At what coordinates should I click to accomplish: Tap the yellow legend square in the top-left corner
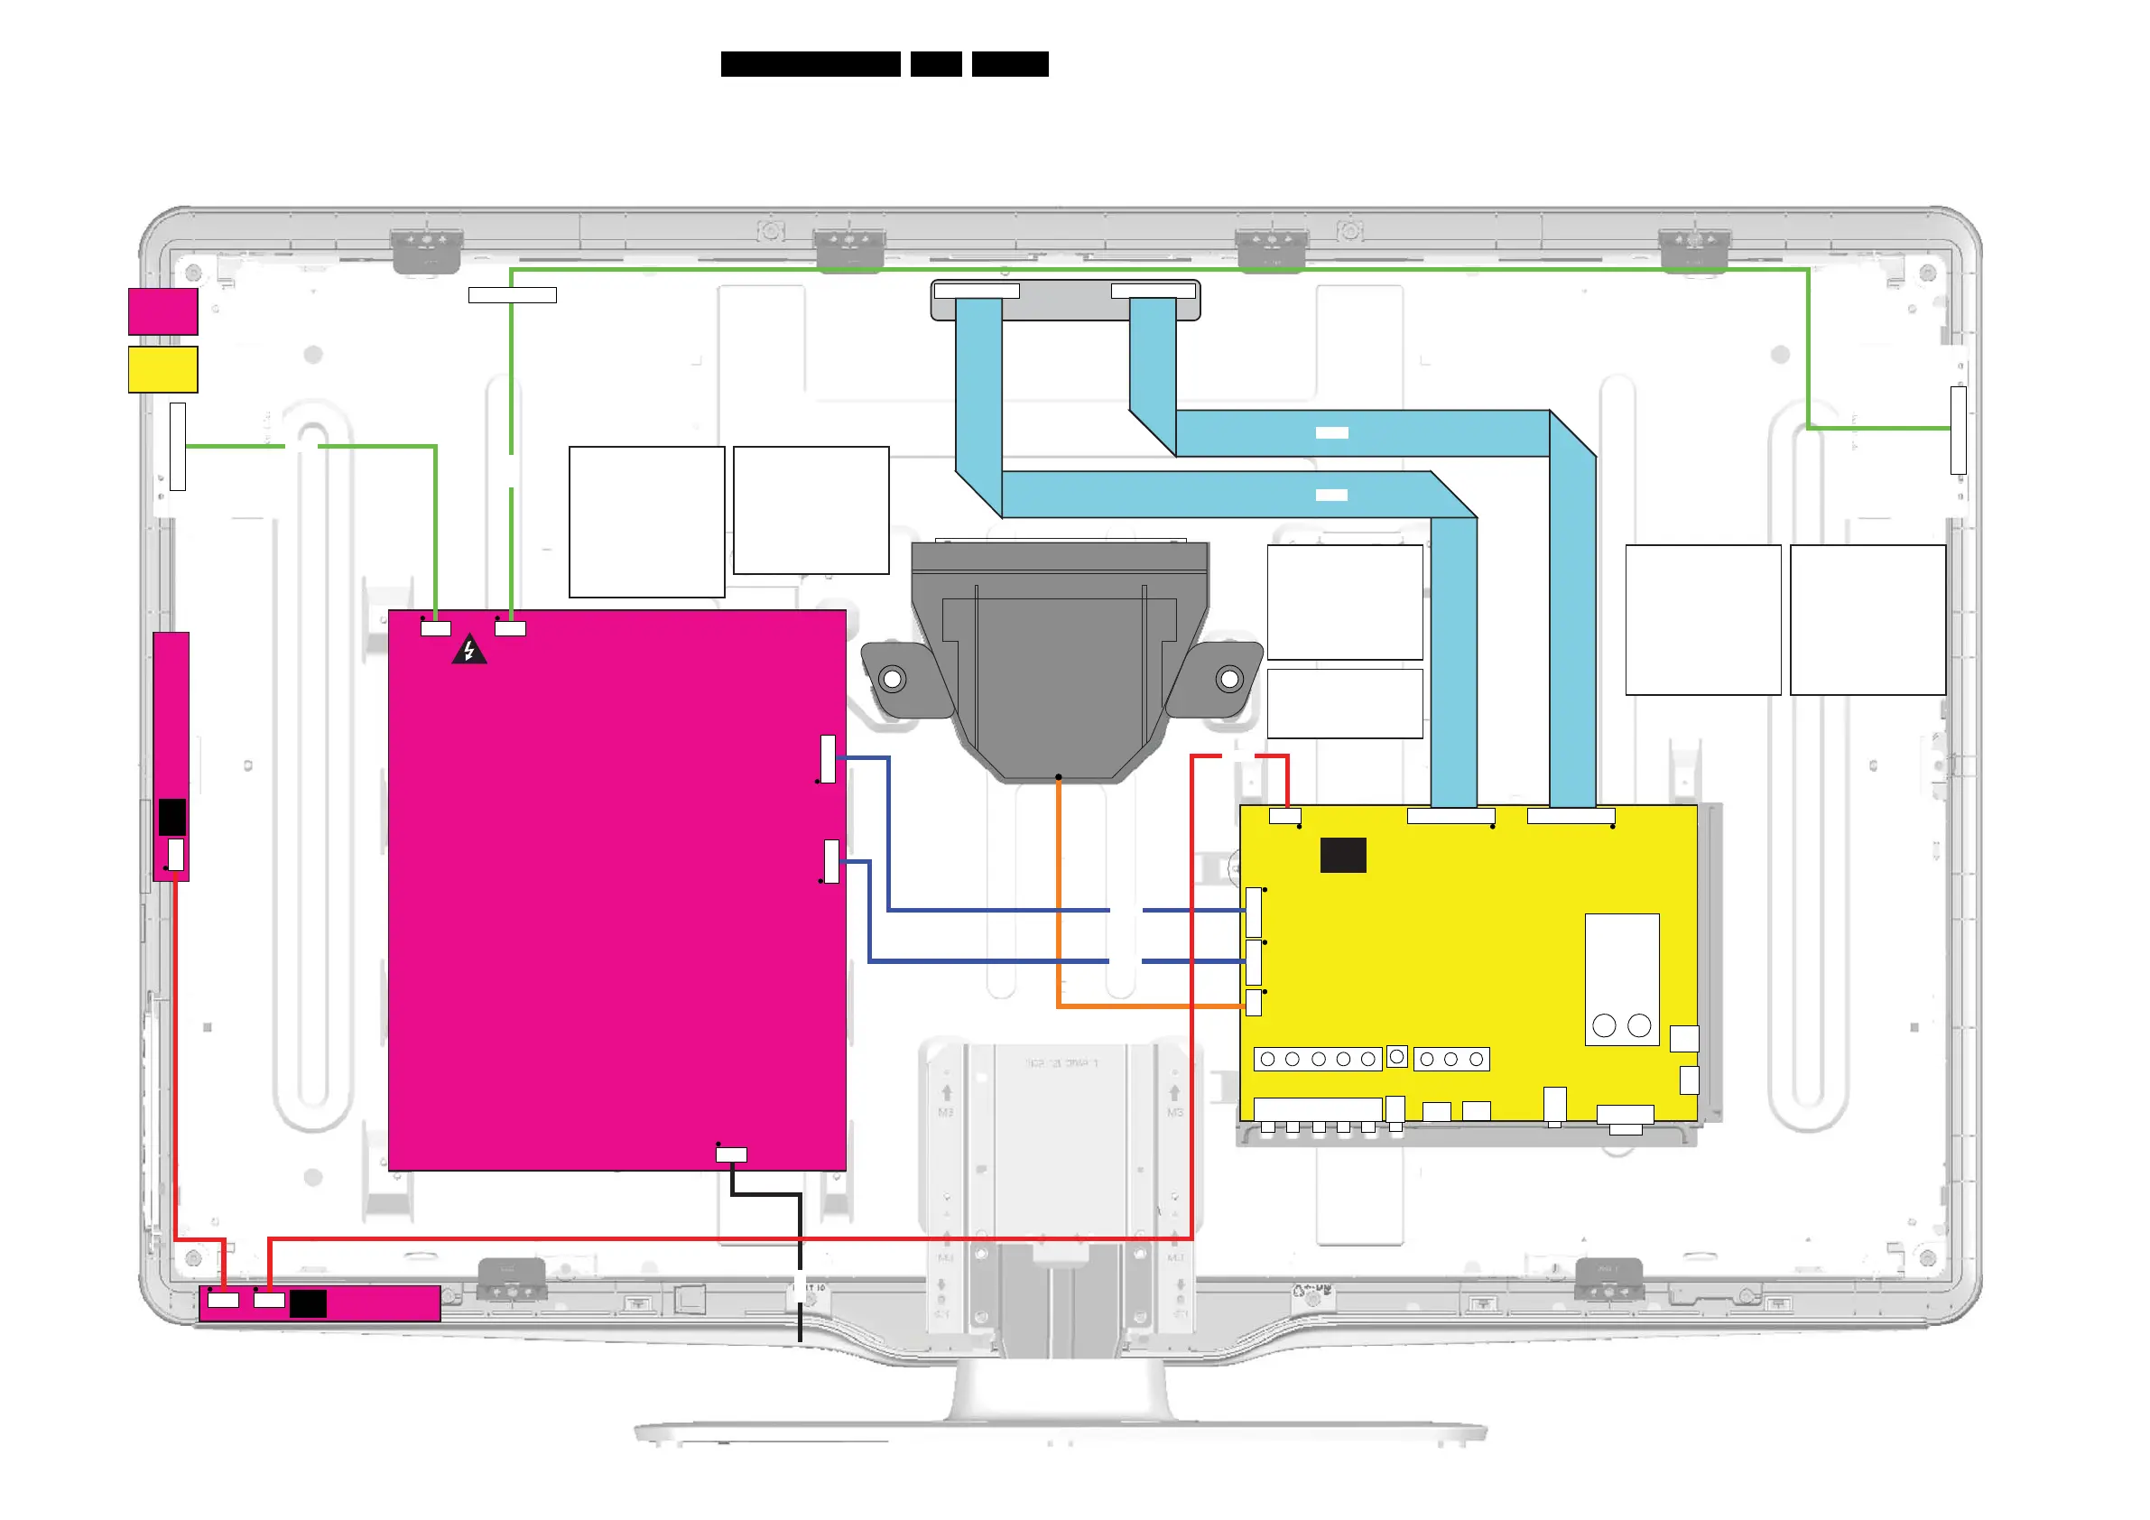(163, 369)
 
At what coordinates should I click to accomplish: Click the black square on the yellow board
(1343, 855)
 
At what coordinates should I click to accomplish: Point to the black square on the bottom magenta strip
(308, 1303)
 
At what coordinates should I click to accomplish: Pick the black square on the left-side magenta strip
(172, 818)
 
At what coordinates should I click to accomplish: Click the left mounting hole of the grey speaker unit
(893, 678)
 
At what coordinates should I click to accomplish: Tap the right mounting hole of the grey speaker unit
(1229, 678)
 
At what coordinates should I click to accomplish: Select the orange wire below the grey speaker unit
(1058, 890)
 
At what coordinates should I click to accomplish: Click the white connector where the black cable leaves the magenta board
(731, 1154)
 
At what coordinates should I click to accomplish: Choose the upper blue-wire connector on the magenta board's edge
(828, 758)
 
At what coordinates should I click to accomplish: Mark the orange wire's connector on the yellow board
(1254, 1003)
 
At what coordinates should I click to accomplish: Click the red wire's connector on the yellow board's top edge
(1284, 816)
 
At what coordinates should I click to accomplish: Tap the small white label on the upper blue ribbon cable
(1331, 432)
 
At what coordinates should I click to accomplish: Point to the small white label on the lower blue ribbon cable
(1331, 496)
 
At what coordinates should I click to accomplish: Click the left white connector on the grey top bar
(977, 292)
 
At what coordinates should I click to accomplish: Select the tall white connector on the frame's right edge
(1958, 430)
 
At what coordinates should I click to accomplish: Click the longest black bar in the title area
(810, 64)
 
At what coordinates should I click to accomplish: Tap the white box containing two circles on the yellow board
(1622, 979)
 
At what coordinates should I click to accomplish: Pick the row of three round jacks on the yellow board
(1451, 1060)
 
